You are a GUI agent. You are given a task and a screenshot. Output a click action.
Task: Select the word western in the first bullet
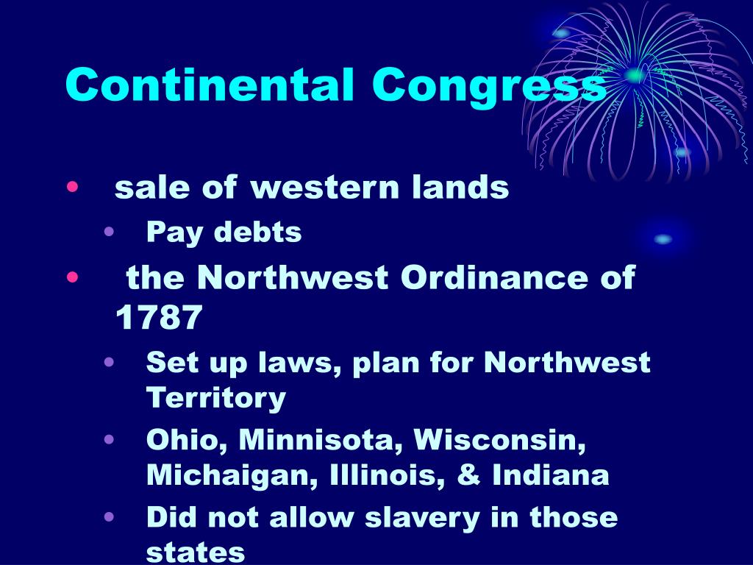324,187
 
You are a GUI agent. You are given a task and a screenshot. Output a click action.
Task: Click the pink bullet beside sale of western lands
72,186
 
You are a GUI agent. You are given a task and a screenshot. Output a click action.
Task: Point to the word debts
257,232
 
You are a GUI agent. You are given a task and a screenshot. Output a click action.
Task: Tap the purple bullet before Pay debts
109,232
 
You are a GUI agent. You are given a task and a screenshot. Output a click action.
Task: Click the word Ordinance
494,277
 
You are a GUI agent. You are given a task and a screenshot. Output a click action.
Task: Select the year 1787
159,317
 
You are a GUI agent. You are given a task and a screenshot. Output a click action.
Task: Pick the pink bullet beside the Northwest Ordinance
72,277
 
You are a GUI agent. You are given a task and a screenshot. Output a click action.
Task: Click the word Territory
216,398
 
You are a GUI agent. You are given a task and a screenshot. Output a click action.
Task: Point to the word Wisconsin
499,440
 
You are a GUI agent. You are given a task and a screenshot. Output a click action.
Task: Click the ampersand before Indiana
468,475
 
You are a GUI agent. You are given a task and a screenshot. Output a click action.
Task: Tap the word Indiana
550,475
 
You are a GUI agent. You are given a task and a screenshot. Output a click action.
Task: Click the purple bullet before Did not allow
109,517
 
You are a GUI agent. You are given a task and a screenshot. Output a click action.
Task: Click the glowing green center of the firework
635,75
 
